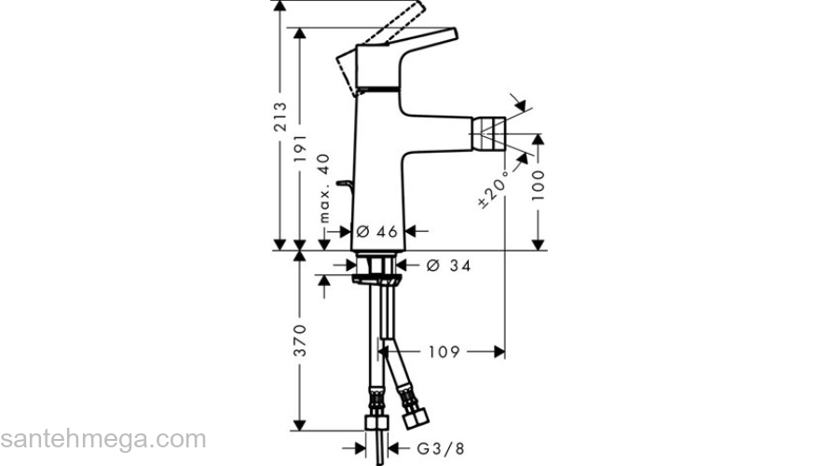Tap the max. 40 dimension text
(x=324, y=188)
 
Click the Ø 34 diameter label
(x=447, y=267)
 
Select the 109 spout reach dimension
(x=444, y=351)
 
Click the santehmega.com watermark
(x=102, y=439)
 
